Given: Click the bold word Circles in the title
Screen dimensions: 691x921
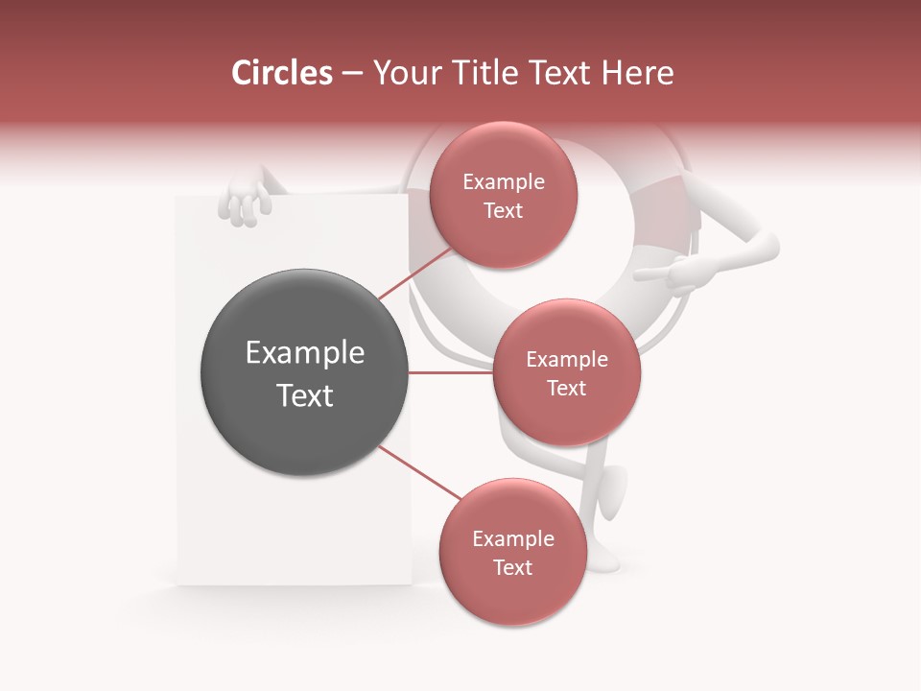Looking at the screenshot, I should (282, 73).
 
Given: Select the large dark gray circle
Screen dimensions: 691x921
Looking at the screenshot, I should (304, 372).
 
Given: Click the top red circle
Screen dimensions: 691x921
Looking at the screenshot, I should (503, 195).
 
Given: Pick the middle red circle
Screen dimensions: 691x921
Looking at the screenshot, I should (566, 372).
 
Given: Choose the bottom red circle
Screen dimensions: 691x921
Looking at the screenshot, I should (512, 552).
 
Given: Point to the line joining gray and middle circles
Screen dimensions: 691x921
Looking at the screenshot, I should (450, 372).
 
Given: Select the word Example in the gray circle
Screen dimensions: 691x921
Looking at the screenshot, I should (304, 353).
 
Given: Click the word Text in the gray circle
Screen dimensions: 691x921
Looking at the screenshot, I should (304, 395).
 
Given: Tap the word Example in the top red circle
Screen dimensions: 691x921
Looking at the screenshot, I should (503, 182).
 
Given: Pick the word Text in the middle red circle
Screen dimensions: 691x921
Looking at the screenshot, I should (566, 388).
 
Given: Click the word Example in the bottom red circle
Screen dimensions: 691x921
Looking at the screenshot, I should (512, 538).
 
